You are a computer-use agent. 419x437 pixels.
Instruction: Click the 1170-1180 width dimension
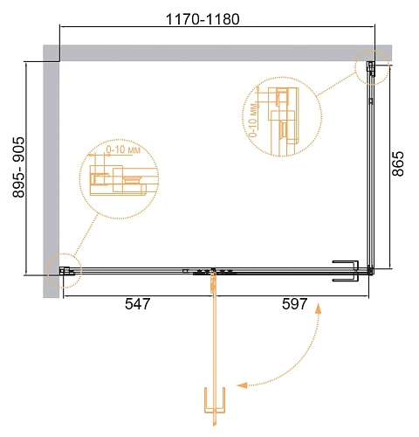pos(203,19)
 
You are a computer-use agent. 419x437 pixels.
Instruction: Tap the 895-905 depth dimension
pos(18,167)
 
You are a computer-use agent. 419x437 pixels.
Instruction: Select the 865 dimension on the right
pos(398,163)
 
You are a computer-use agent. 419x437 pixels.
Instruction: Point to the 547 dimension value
pos(138,304)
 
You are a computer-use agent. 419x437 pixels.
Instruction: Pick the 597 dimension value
pos(294,304)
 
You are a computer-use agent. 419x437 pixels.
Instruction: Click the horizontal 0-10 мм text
pos(123,149)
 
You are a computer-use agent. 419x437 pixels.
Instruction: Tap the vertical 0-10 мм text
pos(253,120)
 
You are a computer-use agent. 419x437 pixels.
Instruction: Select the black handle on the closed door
pos(346,271)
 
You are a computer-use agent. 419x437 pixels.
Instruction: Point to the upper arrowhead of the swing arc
pos(319,309)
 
